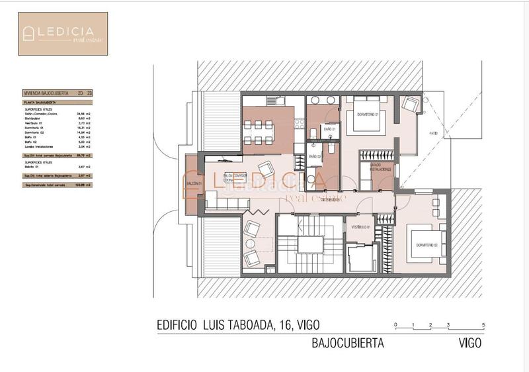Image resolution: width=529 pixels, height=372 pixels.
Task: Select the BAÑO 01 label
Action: tap(329, 128)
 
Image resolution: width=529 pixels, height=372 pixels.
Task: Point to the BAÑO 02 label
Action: tap(315, 156)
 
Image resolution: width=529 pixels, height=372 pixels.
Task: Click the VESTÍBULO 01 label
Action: tap(359, 227)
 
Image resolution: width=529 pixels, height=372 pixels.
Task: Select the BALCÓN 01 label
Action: tap(192, 184)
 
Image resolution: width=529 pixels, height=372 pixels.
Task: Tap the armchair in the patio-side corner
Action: tap(411, 104)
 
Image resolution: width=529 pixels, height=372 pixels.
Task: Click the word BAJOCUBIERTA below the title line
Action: tap(347, 344)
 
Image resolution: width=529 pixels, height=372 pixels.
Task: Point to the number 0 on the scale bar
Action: tap(395, 325)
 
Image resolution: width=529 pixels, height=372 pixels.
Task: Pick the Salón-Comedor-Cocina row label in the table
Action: tap(39, 114)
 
